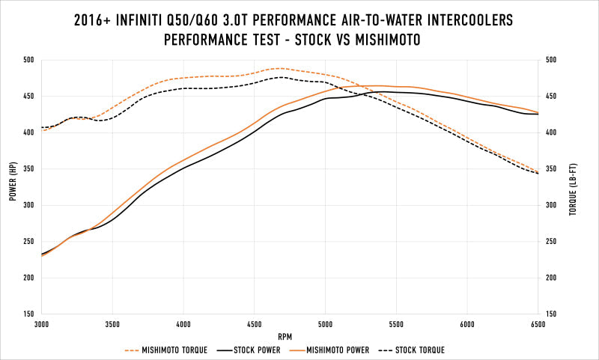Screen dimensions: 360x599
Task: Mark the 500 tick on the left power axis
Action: (28, 60)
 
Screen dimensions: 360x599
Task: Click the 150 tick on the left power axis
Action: (28, 314)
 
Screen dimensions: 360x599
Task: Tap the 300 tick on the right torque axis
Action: (553, 205)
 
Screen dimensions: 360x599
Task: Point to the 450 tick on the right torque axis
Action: (553, 97)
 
